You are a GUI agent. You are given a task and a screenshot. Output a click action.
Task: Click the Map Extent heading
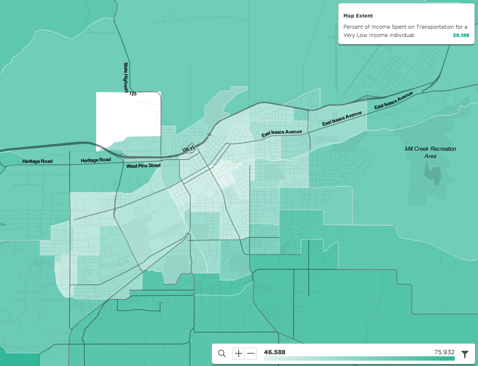(x=358, y=16)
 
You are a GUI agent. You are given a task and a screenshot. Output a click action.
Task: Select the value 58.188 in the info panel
(x=461, y=36)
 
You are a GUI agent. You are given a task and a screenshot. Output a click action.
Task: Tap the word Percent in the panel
(x=353, y=27)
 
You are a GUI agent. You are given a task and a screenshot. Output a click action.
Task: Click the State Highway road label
(x=126, y=77)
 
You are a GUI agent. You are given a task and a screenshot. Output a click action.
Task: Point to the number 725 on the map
(x=133, y=93)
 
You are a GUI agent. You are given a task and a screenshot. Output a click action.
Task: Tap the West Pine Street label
(x=143, y=166)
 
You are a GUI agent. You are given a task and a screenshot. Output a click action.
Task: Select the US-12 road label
(x=188, y=148)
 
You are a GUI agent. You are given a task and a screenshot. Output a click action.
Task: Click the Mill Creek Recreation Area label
(x=430, y=152)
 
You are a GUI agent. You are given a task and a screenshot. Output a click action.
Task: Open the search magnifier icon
(x=222, y=354)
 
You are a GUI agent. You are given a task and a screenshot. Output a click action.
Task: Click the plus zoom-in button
(x=238, y=354)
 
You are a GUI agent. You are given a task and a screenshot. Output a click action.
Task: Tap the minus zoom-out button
(x=251, y=354)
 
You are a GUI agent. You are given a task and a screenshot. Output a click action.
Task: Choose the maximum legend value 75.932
(x=444, y=352)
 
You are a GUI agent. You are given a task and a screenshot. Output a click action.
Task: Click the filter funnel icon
(x=465, y=354)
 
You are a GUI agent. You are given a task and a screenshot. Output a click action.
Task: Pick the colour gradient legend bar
(x=359, y=359)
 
